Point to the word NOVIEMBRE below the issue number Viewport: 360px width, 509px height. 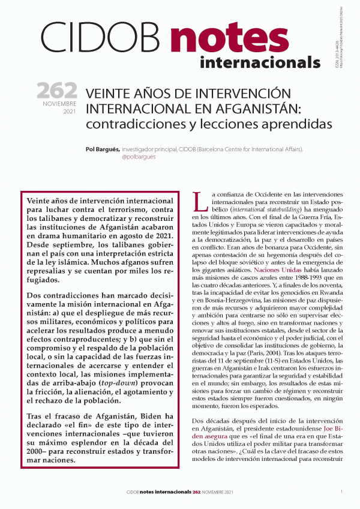coord(61,103)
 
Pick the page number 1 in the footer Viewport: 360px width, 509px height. coord(341,492)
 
